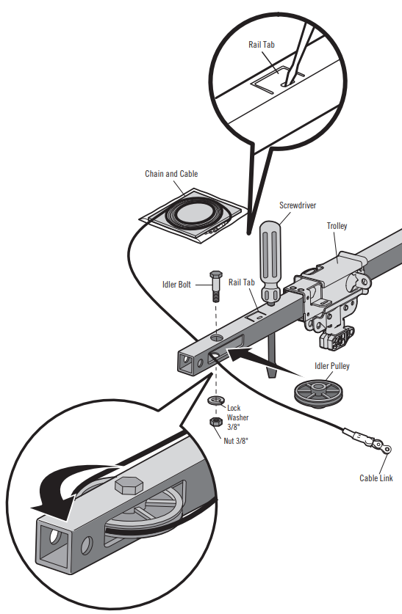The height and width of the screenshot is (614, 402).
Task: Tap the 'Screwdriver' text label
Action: (x=297, y=206)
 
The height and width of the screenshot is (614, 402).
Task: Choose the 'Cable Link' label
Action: (x=376, y=478)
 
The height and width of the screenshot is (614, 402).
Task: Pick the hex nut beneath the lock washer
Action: (x=216, y=423)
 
